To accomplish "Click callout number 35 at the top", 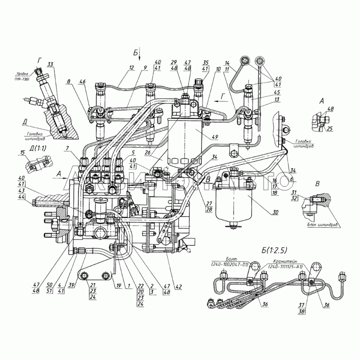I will (x=206, y=62).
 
